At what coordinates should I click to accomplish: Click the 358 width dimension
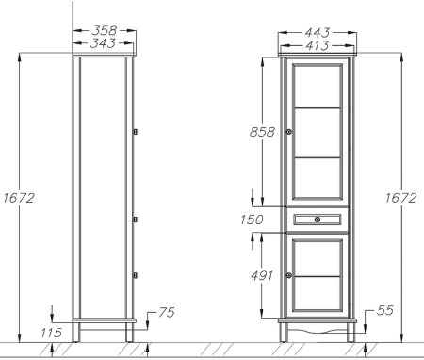(105, 30)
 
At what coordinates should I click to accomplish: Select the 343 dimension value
(105, 43)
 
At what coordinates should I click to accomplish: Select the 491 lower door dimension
(262, 275)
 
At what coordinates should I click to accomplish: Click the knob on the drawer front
(318, 219)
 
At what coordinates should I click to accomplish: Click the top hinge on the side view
(137, 131)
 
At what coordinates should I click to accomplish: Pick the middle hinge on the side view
(137, 219)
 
